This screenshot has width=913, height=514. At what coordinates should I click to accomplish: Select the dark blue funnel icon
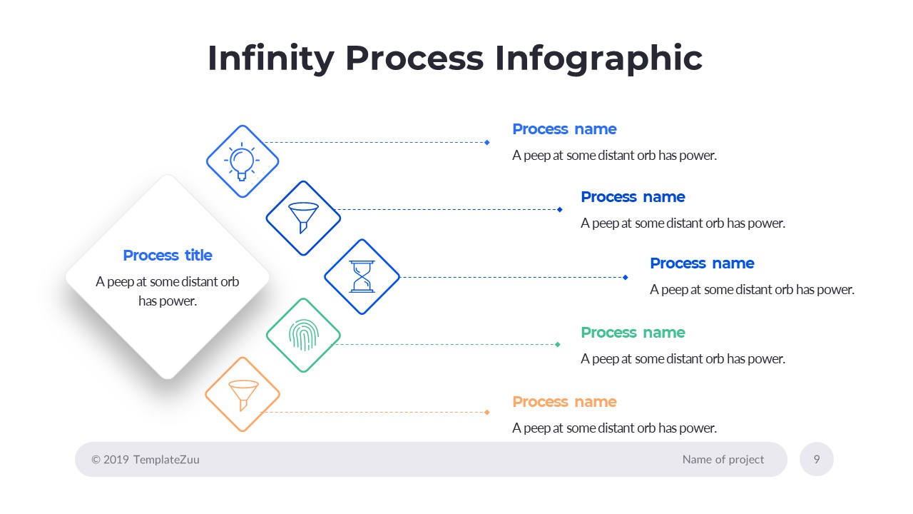(x=303, y=217)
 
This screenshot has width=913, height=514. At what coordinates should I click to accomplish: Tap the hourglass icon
(x=362, y=276)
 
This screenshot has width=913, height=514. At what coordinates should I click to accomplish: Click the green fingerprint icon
(x=303, y=335)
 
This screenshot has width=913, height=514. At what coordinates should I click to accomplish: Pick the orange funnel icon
(x=243, y=394)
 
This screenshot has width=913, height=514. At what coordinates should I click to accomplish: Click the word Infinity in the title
(x=270, y=59)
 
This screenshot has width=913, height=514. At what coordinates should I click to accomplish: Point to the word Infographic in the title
(x=598, y=59)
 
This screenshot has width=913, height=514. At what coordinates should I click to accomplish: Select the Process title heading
(x=168, y=256)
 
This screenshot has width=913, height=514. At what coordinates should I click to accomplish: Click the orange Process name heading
(x=564, y=402)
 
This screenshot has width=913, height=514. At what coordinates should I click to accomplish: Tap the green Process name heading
(x=633, y=333)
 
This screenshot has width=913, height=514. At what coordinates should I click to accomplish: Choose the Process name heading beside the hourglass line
(x=702, y=263)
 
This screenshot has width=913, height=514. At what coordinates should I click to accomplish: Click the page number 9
(x=817, y=459)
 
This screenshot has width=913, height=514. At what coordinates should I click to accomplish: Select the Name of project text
(x=723, y=460)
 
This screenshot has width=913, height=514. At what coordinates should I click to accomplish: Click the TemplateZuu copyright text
(x=146, y=460)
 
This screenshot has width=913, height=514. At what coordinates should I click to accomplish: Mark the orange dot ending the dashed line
(x=487, y=412)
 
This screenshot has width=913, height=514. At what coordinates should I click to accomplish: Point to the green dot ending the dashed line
(x=558, y=344)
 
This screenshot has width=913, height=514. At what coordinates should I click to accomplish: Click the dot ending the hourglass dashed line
(x=626, y=277)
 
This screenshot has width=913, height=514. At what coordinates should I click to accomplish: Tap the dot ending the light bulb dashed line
(x=487, y=142)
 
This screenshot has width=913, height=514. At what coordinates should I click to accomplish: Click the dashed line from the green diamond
(x=442, y=344)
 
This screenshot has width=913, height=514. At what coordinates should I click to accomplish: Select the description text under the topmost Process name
(x=614, y=156)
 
